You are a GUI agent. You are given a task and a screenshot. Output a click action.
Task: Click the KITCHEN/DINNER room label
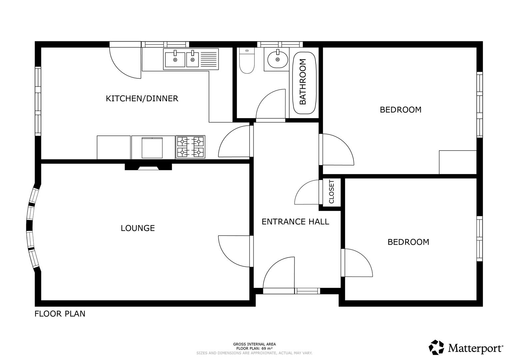(142, 99)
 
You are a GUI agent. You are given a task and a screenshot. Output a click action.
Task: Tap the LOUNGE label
(138, 228)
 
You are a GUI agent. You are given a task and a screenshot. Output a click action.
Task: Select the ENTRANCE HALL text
(295, 222)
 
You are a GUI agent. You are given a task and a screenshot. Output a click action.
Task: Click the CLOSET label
(331, 192)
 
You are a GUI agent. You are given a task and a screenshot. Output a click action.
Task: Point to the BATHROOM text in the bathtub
(303, 82)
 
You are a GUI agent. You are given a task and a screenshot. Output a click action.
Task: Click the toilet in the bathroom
(247, 62)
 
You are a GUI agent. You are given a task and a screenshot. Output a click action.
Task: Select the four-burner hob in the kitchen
(190, 147)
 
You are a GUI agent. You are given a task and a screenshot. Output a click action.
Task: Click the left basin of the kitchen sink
(175, 59)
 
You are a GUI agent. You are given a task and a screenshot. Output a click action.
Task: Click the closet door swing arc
(305, 192)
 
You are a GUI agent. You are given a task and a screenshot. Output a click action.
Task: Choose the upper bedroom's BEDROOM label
(400, 110)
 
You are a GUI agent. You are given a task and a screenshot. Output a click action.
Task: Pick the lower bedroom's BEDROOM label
(408, 242)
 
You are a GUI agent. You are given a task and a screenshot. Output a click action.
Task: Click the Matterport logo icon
(436, 348)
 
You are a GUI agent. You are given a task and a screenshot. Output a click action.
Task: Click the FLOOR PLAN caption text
(60, 314)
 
